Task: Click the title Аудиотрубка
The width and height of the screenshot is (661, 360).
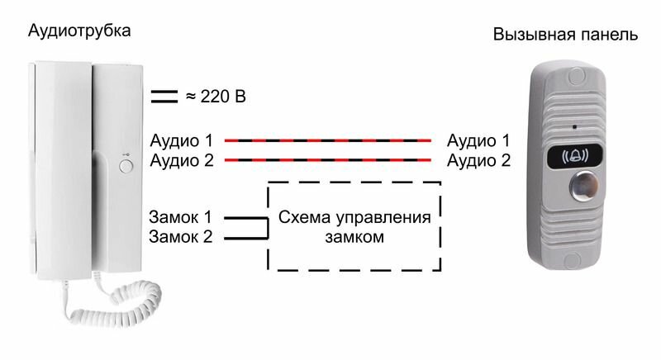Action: click(x=79, y=31)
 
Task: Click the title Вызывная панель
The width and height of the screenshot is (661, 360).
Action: click(x=565, y=36)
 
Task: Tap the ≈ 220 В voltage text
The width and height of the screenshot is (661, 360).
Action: click(x=214, y=97)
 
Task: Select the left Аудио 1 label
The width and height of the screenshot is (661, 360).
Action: click(x=181, y=140)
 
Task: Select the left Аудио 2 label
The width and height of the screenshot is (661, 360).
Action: click(x=181, y=160)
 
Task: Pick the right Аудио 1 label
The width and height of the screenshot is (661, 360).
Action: click(x=478, y=140)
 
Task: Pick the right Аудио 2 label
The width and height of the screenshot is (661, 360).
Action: click(x=478, y=160)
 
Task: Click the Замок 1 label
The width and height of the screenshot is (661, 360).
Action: click(x=181, y=218)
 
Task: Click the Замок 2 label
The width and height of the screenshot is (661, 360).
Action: click(x=181, y=237)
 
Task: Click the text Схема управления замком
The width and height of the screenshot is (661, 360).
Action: click(x=354, y=227)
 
